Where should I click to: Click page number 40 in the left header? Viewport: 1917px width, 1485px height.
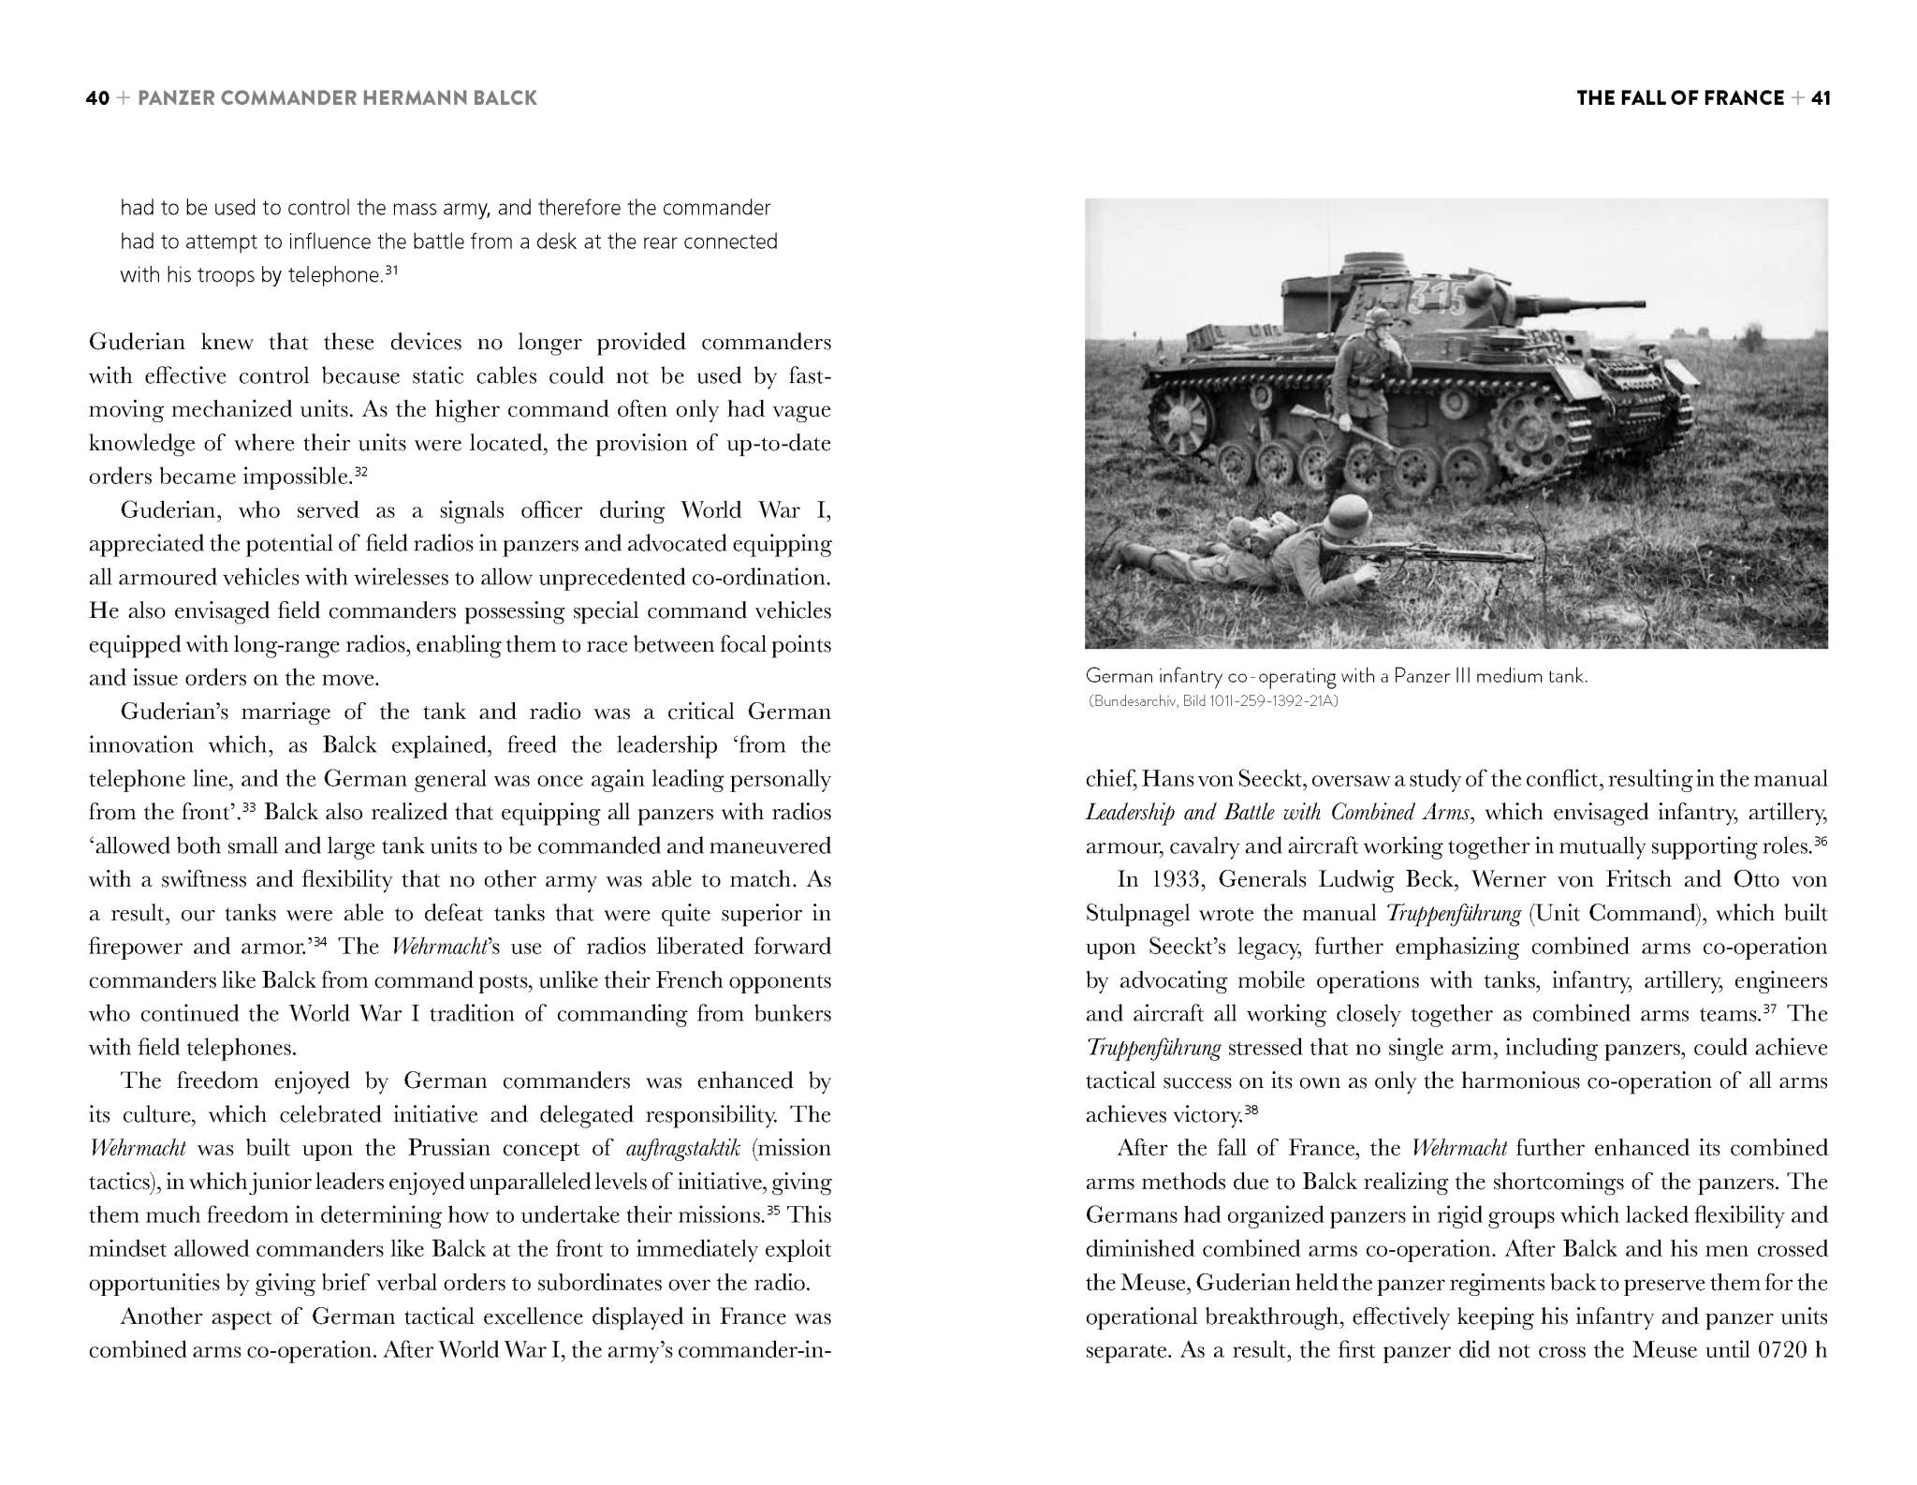[x=97, y=98]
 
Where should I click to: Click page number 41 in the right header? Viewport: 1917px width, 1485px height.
[x=1820, y=98]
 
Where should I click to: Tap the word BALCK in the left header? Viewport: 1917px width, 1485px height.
[x=505, y=98]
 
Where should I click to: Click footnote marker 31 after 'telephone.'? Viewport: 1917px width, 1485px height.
[x=392, y=271]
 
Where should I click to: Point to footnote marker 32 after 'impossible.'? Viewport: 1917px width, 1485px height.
[x=360, y=472]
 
